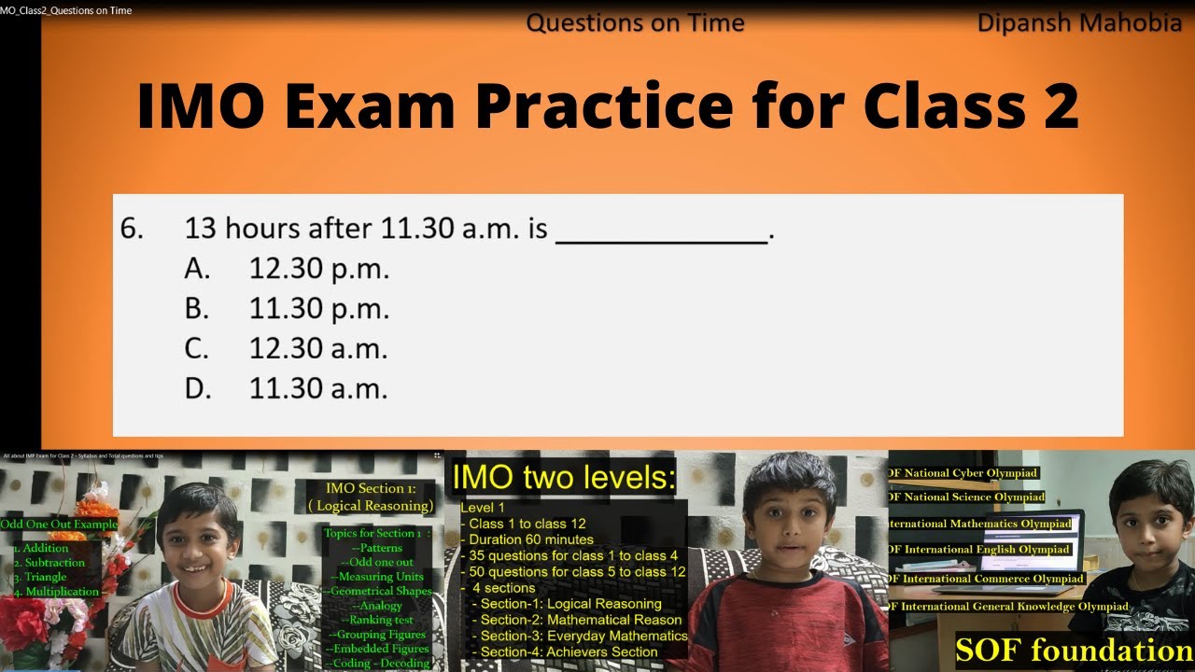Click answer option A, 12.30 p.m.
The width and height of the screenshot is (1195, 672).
coord(318,269)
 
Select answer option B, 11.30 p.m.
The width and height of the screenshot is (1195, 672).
coord(318,309)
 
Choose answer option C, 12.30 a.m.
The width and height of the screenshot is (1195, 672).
coord(318,349)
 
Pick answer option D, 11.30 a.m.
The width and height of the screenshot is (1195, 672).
coord(318,388)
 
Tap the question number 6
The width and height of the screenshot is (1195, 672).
coord(132,229)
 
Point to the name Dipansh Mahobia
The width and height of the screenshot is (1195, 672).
coord(1079,23)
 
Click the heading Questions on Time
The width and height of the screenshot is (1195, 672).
coord(635,23)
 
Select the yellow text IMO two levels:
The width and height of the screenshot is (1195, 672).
coord(563,478)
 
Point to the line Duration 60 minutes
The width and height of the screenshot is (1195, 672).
coord(530,539)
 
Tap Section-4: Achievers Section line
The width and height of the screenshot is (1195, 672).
coord(569,651)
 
